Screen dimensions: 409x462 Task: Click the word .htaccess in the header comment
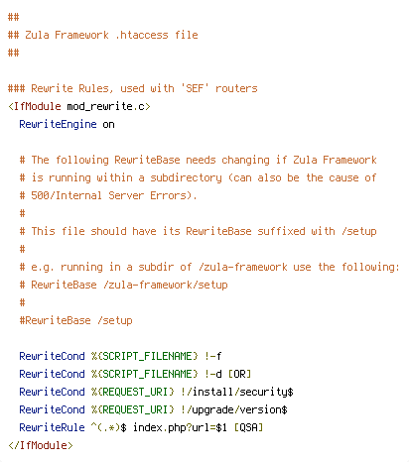141,35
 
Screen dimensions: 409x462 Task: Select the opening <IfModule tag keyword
35,106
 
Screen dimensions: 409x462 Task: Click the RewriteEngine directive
58,124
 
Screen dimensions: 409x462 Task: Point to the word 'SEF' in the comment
195,88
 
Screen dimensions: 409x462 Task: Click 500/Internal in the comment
67,195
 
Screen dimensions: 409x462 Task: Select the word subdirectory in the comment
186,177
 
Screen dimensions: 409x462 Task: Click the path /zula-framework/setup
166,285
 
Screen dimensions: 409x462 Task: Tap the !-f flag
212,356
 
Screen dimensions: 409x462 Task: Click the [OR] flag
239,374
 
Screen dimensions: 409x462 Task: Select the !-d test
212,374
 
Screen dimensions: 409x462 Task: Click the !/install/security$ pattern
237,392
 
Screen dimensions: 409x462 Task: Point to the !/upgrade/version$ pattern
234,409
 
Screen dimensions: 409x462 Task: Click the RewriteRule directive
52,427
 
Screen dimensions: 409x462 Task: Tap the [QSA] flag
248,427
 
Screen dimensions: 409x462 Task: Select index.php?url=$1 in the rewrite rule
180,427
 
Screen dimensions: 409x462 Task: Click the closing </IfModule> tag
41,445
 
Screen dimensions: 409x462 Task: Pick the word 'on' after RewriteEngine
108,125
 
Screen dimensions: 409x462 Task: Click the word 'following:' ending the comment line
370,267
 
